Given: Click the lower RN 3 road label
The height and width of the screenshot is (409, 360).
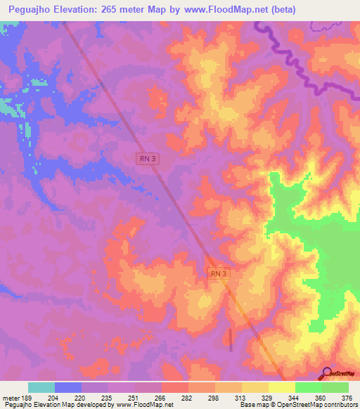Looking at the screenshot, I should coord(219,273).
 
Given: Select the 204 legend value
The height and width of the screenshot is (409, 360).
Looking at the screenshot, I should coord(54,398).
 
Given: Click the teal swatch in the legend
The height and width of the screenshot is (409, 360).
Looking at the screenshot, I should coord(41,387).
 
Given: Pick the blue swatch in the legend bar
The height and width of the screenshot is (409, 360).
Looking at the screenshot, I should coord(68,387).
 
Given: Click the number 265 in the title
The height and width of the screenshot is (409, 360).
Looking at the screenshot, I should coord(112,10).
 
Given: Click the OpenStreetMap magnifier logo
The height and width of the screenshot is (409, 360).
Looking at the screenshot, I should coord(326,374).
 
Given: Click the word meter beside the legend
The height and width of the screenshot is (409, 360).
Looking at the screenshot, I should coord(10,398).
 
